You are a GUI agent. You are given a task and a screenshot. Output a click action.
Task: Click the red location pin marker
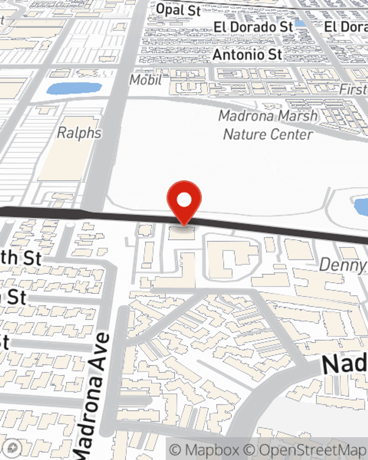click(x=184, y=201)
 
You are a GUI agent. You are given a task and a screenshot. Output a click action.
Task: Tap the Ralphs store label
click(x=79, y=133)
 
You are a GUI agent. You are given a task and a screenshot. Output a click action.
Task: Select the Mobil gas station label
click(x=146, y=79)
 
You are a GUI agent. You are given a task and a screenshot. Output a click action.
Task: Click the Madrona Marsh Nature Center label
click(x=268, y=125)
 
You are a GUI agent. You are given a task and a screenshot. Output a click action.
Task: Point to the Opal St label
click(x=178, y=10)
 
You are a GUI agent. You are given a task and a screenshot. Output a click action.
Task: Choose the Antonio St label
click(x=247, y=55)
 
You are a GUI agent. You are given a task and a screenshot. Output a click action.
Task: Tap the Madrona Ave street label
click(x=92, y=394)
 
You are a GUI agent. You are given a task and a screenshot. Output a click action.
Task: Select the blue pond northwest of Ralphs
click(x=74, y=88)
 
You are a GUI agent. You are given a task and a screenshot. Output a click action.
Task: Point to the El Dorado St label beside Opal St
click(x=254, y=27)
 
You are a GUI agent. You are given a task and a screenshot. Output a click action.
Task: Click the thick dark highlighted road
click(x=258, y=228)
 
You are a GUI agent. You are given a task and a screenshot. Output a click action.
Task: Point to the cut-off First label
click(x=353, y=89)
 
